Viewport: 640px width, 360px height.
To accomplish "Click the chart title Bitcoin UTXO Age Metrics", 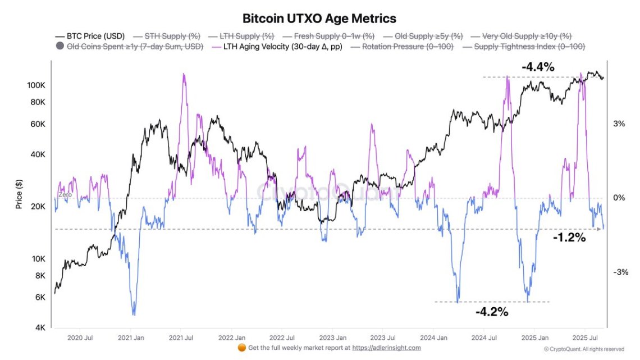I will (319, 19).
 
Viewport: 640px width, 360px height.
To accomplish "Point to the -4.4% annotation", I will (538, 67).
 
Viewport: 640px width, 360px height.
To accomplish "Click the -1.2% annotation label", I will (569, 238).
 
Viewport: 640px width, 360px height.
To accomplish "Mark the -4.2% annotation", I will (491, 312).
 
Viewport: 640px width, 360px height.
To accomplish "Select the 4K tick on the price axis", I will (39, 327).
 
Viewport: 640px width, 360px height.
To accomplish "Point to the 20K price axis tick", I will (38, 207).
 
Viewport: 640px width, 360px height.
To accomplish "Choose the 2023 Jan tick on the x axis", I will (333, 338).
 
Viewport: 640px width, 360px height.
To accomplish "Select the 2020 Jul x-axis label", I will (80, 338).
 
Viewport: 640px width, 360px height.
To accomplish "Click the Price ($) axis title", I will (19, 194).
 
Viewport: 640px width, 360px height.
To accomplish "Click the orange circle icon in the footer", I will (241, 348).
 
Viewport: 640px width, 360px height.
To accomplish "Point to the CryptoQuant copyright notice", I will (584, 349).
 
